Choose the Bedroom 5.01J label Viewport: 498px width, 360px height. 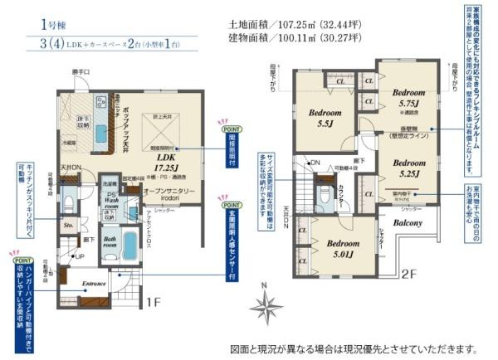click(x=342, y=249)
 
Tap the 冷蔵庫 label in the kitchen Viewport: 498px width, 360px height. click(x=69, y=143)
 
